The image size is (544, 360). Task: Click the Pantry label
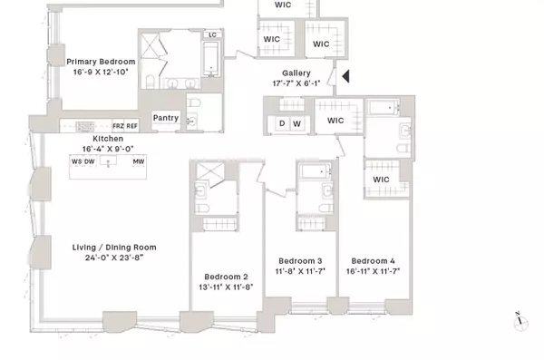165,117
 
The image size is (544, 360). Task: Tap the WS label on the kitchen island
76,162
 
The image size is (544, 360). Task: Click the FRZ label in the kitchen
118,126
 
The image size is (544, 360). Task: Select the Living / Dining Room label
114,247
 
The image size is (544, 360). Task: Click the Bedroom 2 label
226,276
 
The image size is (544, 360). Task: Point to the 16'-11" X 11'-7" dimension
374,270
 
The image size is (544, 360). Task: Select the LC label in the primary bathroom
212,35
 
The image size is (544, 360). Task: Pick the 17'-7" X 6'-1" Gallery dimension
296,84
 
